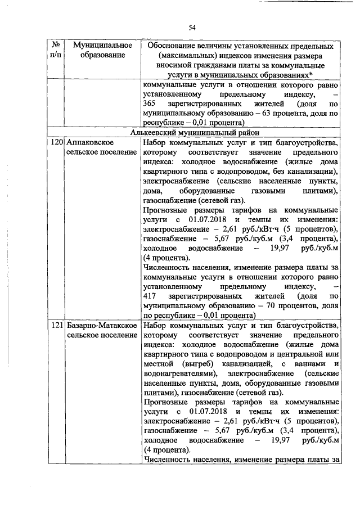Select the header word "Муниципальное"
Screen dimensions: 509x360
(98, 44)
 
